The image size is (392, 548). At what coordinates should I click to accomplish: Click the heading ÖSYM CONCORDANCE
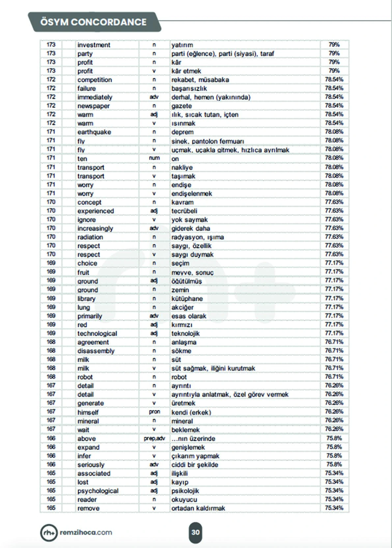[93, 22]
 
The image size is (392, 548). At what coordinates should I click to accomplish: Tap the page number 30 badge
[195, 532]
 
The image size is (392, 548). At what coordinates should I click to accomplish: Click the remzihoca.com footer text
[86, 532]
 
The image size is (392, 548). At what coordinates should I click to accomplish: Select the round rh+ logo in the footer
[49, 533]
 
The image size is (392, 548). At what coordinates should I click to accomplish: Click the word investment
[94, 45]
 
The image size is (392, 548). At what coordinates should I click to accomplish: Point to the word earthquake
[94, 132]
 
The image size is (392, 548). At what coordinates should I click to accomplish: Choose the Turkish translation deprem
[182, 132]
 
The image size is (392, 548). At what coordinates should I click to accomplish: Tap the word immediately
[95, 97]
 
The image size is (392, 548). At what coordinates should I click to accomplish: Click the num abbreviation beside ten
[154, 158]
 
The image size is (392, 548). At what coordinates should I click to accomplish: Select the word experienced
[96, 211]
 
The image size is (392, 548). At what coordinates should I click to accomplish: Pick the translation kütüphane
[187, 298]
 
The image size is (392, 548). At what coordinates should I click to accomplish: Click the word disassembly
[96, 351]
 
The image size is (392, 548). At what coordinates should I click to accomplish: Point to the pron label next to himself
[154, 412]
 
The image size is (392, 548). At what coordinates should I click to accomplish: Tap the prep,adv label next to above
[154, 438]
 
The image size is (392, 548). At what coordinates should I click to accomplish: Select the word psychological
[98, 491]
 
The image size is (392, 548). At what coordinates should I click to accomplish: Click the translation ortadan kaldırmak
[198, 508]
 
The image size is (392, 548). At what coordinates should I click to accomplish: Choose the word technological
[97, 333]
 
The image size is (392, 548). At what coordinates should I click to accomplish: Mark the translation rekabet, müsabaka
[200, 80]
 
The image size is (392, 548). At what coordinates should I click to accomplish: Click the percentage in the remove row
[334, 508]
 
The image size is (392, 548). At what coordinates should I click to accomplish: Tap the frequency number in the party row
[51, 53]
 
